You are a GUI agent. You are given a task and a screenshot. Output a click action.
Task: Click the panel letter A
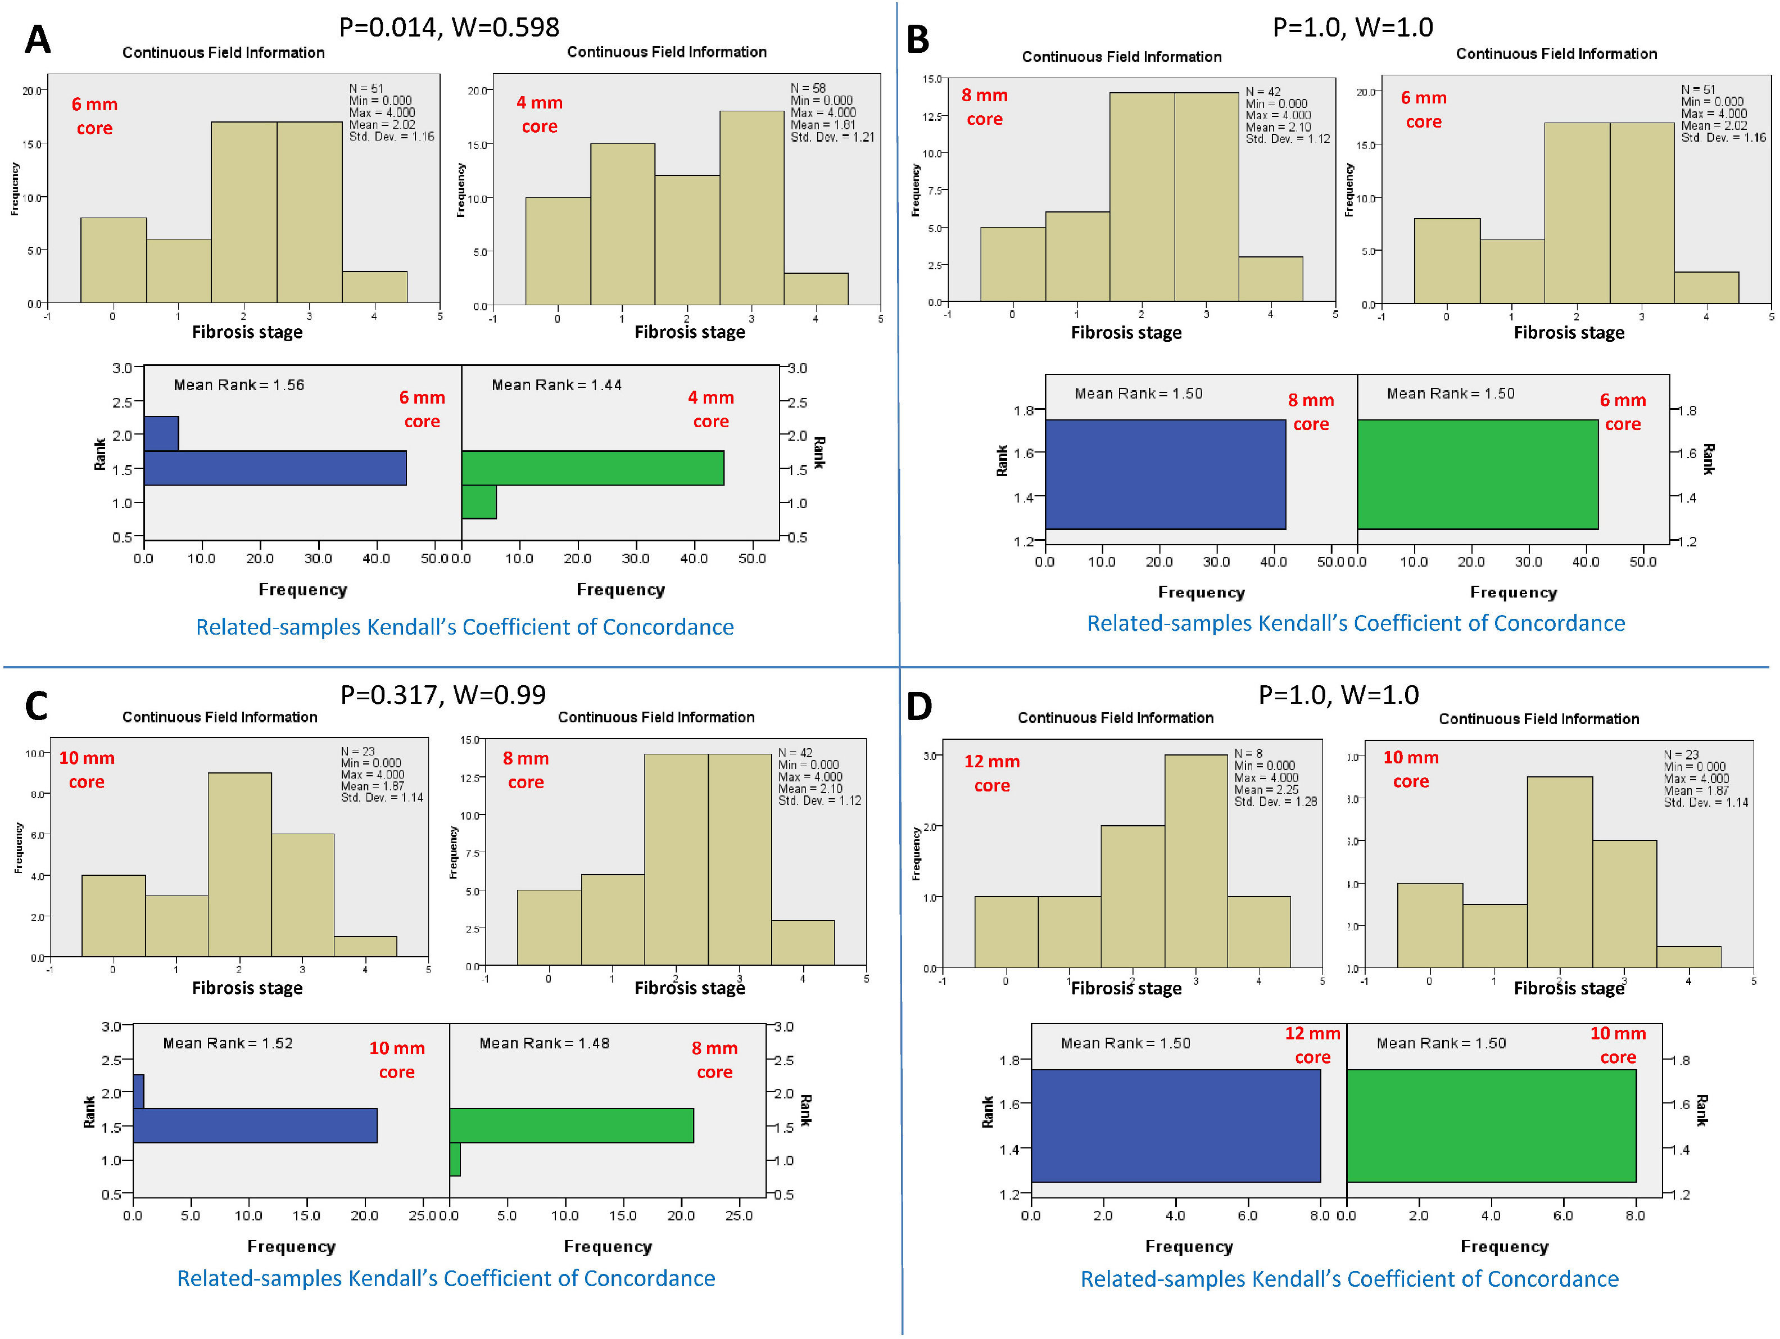tap(38, 39)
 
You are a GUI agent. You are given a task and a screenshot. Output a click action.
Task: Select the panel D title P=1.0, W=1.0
tap(1338, 694)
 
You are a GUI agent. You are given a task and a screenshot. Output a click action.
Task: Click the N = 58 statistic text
tap(808, 88)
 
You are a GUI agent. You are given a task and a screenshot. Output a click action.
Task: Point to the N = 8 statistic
tap(1248, 753)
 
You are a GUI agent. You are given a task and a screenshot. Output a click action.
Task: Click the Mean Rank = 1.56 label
tap(239, 384)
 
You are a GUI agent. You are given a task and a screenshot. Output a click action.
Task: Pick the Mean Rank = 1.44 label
tap(557, 384)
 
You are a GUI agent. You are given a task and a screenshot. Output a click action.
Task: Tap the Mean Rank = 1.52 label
tap(228, 1043)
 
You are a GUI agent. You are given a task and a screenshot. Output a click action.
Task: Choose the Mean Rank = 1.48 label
tap(545, 1043)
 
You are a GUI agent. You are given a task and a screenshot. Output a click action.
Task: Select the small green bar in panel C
tap(455, 1160)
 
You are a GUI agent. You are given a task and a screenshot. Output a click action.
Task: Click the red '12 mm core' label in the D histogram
tap(991, 773)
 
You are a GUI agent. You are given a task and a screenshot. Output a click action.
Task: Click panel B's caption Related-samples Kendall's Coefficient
tap(1356, 623)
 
